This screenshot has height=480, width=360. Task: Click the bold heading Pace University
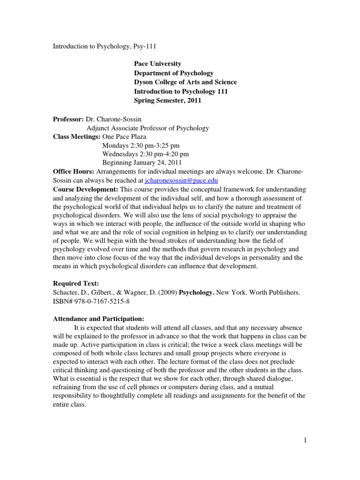(157, 64)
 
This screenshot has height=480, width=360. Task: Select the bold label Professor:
(68, 119)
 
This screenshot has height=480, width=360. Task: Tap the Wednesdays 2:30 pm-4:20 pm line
(146, 154)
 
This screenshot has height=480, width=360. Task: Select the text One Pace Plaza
(124, 136)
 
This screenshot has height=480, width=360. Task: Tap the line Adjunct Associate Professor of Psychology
(148, 128)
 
